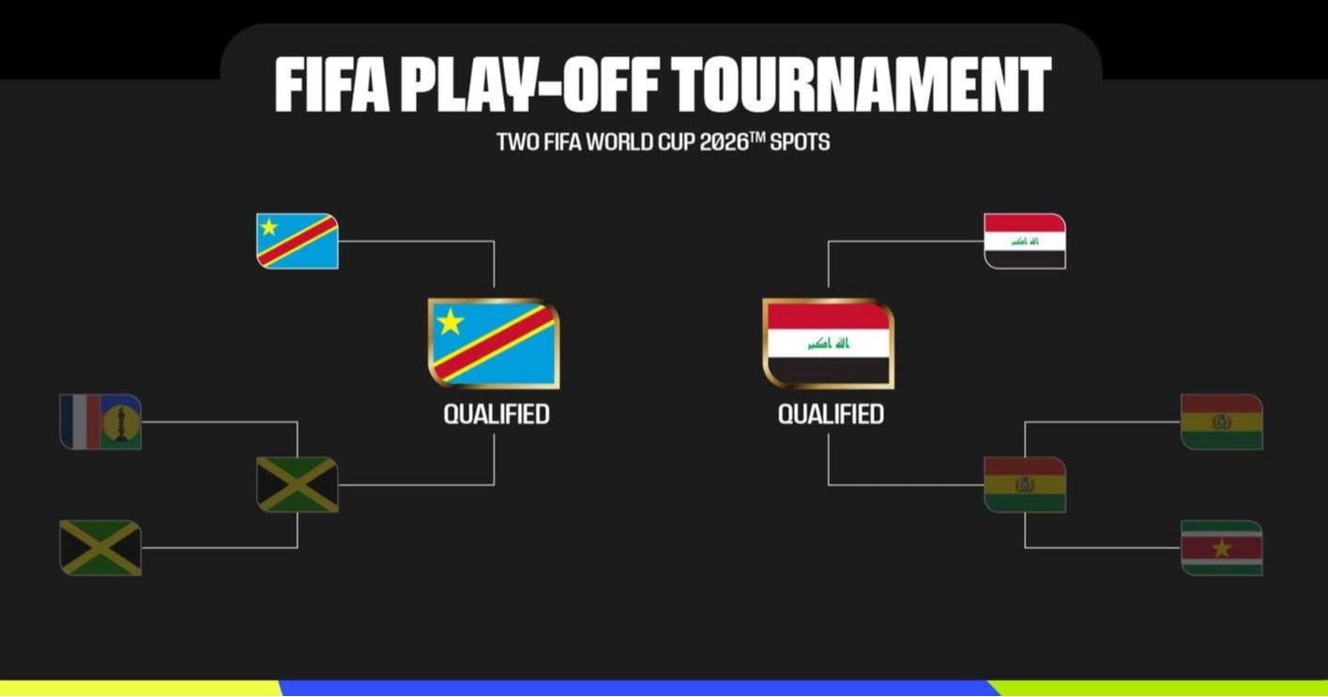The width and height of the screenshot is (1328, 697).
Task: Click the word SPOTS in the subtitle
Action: pyautogui.click(x=800, y=143)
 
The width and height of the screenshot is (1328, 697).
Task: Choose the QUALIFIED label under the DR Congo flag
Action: pyautogui.click(x=496, y=414)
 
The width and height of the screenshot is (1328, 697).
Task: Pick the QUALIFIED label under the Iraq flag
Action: pyautogui.click(x=831, y=414)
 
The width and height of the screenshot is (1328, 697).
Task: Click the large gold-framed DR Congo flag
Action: pyautogui.click(x=494, y=343)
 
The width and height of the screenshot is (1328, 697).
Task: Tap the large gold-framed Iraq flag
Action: pyautogui.click(x=828, y=343)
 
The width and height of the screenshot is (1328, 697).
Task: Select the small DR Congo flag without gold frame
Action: pyautogui.click(x=298, y=241)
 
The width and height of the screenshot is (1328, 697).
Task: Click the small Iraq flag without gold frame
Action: pyautogui.click(x=1025, y=241)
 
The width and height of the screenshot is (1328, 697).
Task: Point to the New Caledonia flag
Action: pyautogui.click(x=100, y=422)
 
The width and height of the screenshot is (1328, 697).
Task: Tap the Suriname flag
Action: pyautogui.click(x=1221, y=548)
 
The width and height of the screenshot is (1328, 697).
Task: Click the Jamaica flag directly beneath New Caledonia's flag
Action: pyautogui.click(x=100, y=548)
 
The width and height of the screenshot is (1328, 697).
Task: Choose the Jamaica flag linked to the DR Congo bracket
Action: pyautogui.click(x=298, y=485)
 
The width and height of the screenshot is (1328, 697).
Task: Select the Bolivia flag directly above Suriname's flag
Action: pyautogui.click(x=1221, y=422)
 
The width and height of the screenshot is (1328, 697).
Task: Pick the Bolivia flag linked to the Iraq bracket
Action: pyautogui.click(x=1025, y=485)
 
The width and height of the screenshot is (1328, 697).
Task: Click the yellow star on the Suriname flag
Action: pyautogui.click(x=1221, y=549)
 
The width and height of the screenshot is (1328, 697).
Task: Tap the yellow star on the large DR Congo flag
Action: pyautogui.click(x=450, y=322)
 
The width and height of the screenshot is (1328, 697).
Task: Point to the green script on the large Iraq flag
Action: pyautogui.click(x=828, y=344)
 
